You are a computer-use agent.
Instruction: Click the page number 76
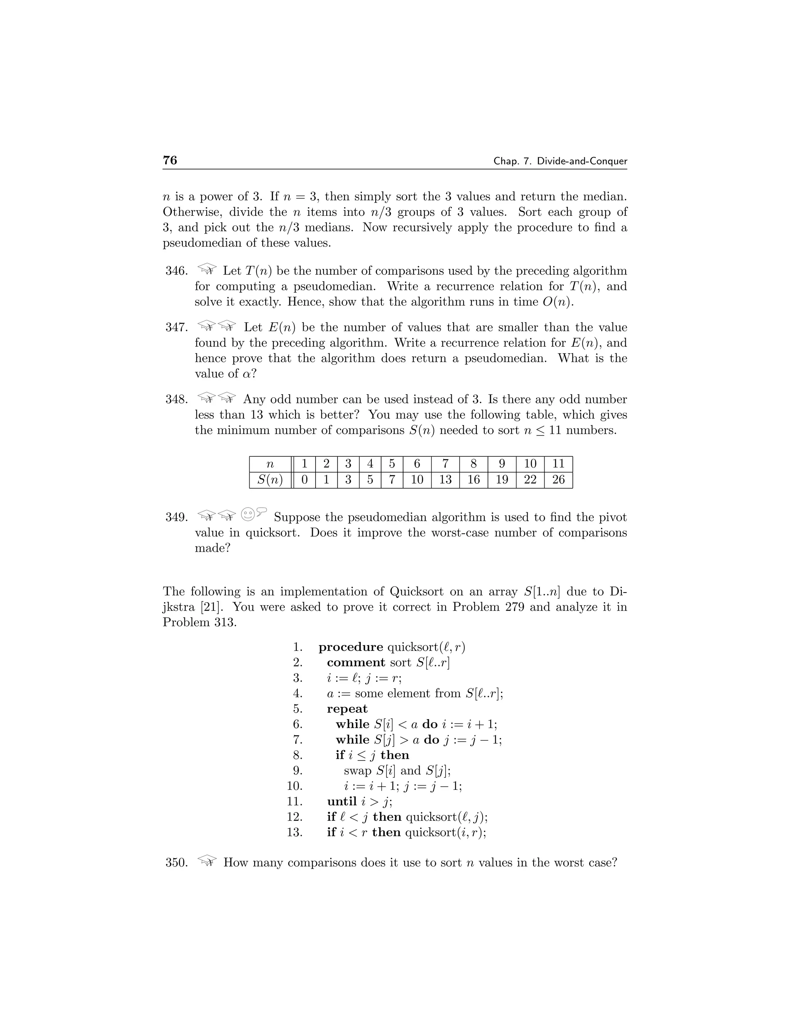coord(170,160)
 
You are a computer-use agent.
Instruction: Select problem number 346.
coord(176,271)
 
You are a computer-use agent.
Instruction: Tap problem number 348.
coord(176,400)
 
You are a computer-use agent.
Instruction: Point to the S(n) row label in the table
coord(270,479)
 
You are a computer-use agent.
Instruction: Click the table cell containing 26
coord(558,479)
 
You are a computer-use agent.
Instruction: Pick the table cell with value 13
coord(445,479)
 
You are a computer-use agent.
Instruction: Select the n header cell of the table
coord(270,464)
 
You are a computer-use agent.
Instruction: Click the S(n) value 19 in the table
coord(502,479)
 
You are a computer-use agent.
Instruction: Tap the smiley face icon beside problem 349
coord(248,514)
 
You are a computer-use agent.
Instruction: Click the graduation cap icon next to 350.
coord(207,860)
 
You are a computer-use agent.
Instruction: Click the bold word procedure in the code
coord(351,647)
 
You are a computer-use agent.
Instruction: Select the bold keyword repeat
coord(347,709)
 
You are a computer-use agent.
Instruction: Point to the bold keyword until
coord(342,801)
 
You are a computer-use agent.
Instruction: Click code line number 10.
coord(294,786)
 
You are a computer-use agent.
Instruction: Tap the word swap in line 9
coord(358,771)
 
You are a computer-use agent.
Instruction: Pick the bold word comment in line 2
coord(356,663)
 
